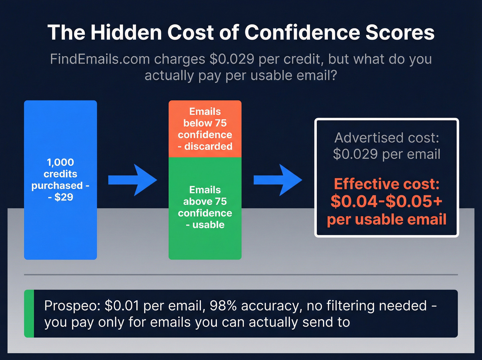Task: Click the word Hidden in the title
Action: coord(126,33)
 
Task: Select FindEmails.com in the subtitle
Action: coord(99,59)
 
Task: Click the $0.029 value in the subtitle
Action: coord(232,59)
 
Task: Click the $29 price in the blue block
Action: coord(64,197)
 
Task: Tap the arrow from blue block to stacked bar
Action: coord(133,180)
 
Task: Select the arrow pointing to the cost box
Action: coord(278,180)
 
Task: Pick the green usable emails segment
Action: coord(205,241)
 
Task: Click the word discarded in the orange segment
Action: coord(208,146)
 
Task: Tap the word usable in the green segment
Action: coord(208,225)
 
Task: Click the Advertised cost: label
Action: coord(387,138)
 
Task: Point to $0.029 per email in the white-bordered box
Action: coord(387,154)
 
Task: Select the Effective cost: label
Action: coord(387,184)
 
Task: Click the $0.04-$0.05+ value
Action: coord(387,202)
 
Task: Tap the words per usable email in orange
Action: coord(387,219)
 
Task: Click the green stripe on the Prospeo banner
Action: coord(29,313)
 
